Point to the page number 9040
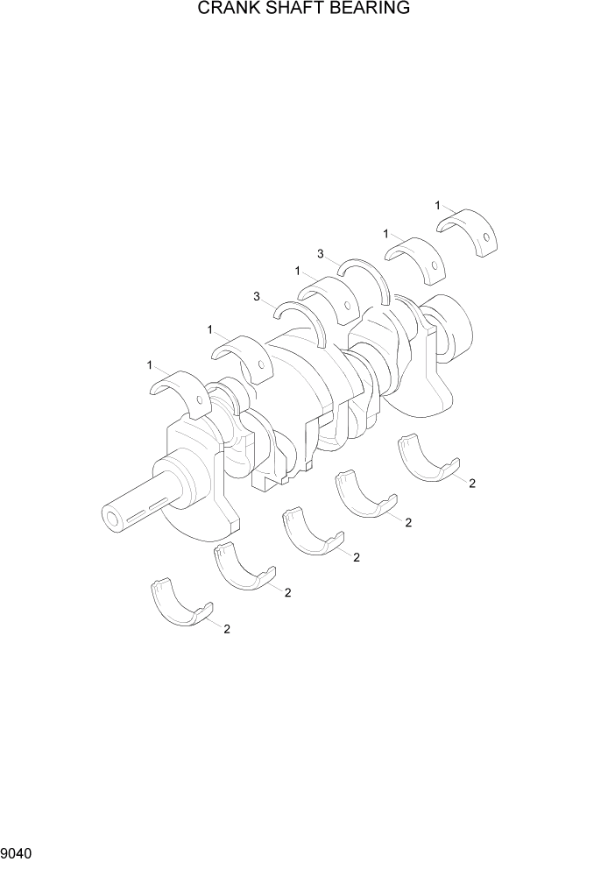coord(18,852)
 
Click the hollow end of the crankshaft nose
coord(112,519)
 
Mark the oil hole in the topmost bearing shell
coord(486,240)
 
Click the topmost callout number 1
coord(437,205)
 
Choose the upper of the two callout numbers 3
coord(321,254)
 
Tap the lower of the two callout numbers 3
coord(257,297)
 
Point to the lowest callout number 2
coord(227,629)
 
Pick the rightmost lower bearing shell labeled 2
coord(428,459)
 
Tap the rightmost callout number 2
coord(471,484)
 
